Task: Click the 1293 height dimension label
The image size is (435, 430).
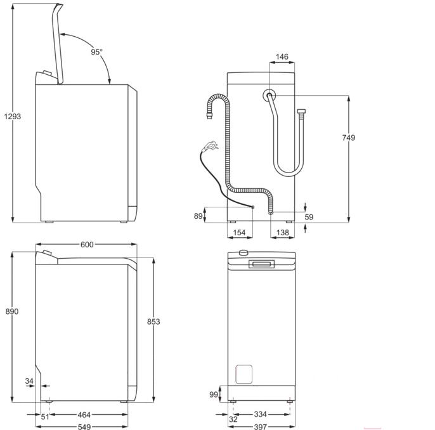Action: tap(13, 117)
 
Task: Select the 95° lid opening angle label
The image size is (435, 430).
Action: tap(96, 52)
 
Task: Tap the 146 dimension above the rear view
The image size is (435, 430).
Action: tap(282, 57)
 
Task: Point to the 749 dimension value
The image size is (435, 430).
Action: tap(349, 138)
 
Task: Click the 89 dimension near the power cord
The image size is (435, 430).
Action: tap(198, 216)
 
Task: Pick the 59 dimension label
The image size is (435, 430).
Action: tap(309, 217)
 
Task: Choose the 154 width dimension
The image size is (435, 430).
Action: tap(239, 233)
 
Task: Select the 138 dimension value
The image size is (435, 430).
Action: tap(282, 233)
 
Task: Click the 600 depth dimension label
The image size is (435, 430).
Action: tap(87, 245)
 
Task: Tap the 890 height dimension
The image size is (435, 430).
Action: tap(12, 311)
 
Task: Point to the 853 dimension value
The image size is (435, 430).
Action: tap(153, 322)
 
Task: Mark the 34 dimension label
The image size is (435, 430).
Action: tap(29, 381)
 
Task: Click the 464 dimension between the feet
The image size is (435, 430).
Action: tap(84, 415)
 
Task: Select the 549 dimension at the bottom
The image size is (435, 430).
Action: tap(84, 426)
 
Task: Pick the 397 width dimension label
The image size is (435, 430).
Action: tap(260, 426)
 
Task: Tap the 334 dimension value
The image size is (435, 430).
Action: tap(260, 414)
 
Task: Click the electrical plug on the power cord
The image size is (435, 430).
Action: tap(210, 146)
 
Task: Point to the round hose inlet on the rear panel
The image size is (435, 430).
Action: tap(269, 95)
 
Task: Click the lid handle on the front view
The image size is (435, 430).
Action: tap(261, 264)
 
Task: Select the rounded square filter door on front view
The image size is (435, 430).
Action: tap(244, 375)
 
